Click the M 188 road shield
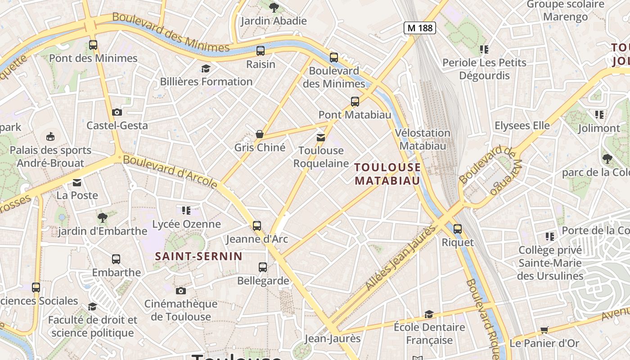coord(419,28)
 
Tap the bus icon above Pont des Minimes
coord(93,45)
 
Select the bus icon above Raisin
coord(261,51)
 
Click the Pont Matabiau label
coord(355,115)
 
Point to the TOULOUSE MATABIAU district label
coord(387,174)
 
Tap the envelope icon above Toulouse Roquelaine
coord(321,137)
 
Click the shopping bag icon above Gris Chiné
coord(260,134)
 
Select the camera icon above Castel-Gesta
coord(117,112)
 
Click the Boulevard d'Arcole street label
coord(170,171)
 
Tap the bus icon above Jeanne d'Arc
coord(256,225)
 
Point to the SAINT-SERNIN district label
coord(198,256)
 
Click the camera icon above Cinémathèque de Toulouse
coord(181,291)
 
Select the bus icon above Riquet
coord(458,229)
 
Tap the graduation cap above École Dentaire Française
coord(429,314)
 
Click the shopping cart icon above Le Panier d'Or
coord(544,330)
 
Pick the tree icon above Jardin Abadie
coord(274,7)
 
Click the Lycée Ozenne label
coord(186,224)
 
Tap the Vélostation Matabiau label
coord(423,139)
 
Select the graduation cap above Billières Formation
coord(206,68)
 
